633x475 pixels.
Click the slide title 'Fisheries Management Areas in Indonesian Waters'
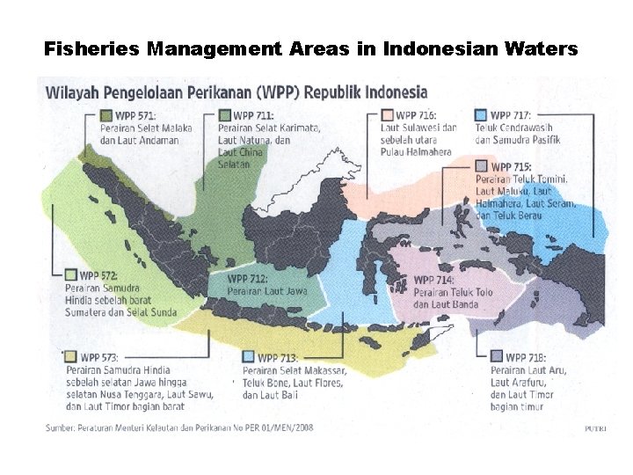pos(311,49)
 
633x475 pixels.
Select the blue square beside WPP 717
pos(480,115)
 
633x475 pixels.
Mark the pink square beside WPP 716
pos(386,115)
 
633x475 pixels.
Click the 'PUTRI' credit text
pos(595,428)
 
